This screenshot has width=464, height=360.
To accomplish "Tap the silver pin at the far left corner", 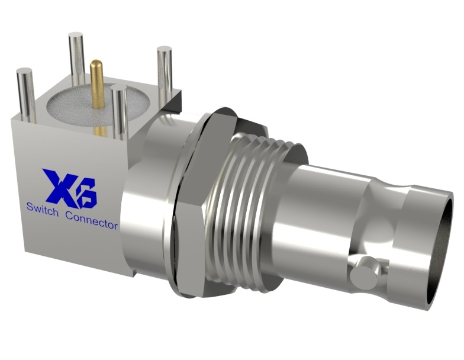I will (25, 95).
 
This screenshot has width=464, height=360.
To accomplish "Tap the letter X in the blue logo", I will (58, 185).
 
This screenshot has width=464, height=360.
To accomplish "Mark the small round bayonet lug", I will (365, 274).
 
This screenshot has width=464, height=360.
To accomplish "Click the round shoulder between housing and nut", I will (145, 195).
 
